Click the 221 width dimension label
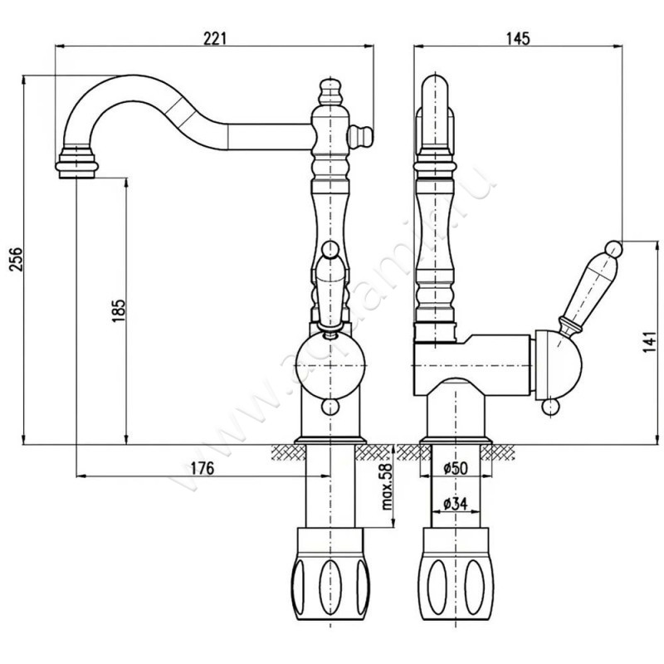(x=215, y=38)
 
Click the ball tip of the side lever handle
(x=613, y=247)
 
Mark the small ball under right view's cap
(x=548, y=407)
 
